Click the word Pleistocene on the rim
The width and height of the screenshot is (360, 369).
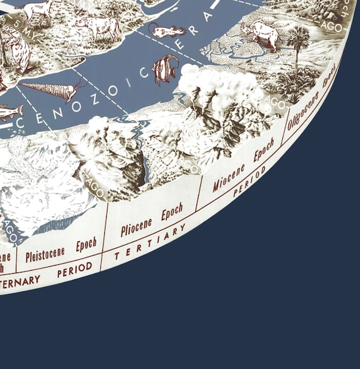pyautogui.click(x=45, y=254)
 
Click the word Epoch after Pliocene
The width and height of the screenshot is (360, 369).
pyautogui.click(x=172, y=213)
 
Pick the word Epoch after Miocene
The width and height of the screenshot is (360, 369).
pyautogui.click(x=264, y=152)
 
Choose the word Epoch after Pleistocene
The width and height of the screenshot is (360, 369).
pyautogui.click(x=87, y=245)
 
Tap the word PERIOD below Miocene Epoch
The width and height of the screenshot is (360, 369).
pyautogui.click(x=249, y=182)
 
